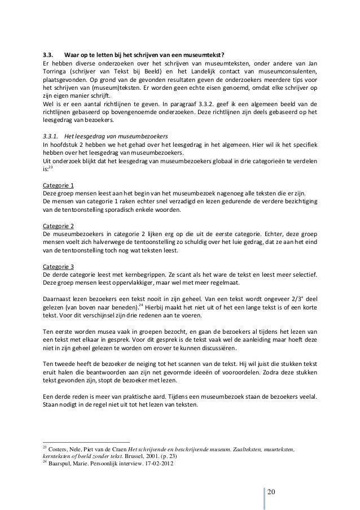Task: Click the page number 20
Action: (x=272, y=489)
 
